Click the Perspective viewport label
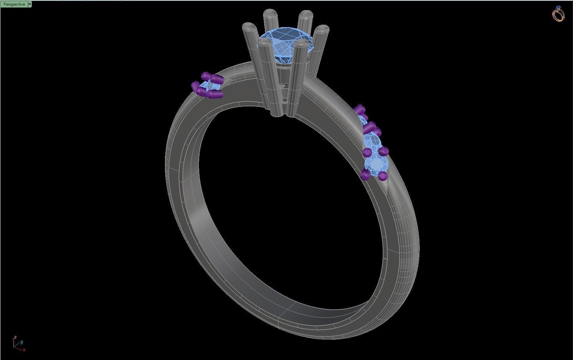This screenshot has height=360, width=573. (x=14, y=4)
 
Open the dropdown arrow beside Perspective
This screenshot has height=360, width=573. (x=30, y=4)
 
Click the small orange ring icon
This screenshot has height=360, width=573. (x=558, y=14)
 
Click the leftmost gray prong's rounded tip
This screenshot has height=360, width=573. (x=248, y=27)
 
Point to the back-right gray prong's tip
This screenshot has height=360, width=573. (x=306, y=15)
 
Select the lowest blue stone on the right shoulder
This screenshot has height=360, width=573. (x=376, y=165)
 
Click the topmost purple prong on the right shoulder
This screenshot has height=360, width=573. (x=360, y=109)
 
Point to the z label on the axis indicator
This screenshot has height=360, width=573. (x=15, y=337)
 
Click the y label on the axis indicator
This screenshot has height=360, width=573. (x=21, y=342)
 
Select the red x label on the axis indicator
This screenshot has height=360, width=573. (x=24, y=350)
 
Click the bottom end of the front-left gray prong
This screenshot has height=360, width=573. (x=277, y=114)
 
